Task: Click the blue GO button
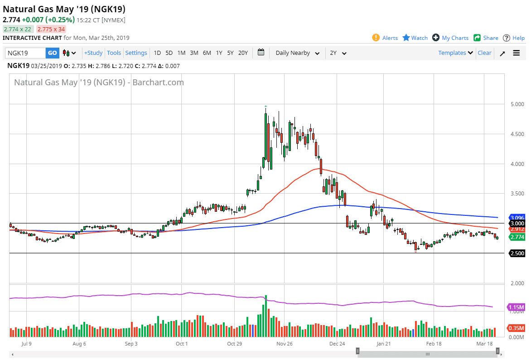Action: click(53, 53)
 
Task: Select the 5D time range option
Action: click(169, 53)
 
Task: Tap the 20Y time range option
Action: click(243, 53)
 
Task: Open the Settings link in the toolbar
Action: click(136, 53)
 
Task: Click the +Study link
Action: click(93, 53)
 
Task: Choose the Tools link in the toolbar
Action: click(114, 53)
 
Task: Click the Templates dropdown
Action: click(455, 53)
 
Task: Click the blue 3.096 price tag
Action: click(517, 218)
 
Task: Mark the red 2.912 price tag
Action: click(517, 229)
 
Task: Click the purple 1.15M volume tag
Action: click(517, 307)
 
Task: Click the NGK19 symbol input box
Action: click(25, 53)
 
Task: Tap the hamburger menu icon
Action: click(517, 53)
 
